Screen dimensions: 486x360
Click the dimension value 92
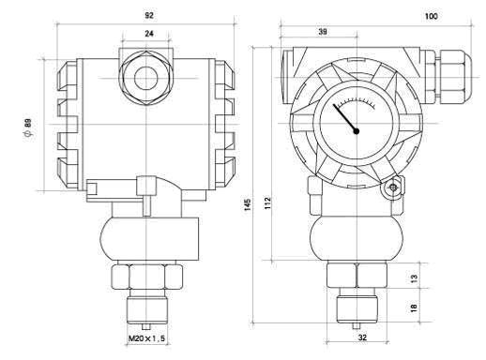point(149,15)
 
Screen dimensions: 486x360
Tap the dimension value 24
point(149,34)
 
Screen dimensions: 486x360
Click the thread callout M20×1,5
point(146,338)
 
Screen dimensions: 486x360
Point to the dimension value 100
point(432,16)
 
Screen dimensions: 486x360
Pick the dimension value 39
point(323,32)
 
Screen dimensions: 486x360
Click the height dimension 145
point(248,204)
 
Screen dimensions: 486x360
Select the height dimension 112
point(267,203)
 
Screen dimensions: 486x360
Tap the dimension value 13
point(414,277)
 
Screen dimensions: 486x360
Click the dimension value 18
point(414,307)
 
